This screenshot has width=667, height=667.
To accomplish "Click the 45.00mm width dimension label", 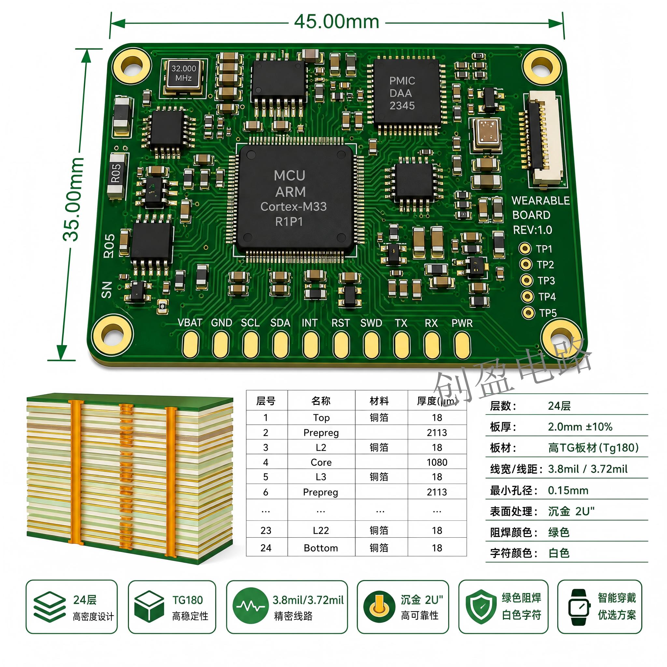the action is coord(337,22).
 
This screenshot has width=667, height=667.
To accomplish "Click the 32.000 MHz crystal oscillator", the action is coord(183,77).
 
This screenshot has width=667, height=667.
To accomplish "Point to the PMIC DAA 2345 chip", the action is coord(407,92).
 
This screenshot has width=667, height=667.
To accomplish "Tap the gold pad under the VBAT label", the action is coord(190,344).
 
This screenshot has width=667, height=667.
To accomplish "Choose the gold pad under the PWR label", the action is coord(462,345).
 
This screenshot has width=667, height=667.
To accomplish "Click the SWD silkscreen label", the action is coord(371,323).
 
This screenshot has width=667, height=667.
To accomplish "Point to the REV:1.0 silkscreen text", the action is coord(532,230).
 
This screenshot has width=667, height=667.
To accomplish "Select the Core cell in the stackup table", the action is coord(321,462).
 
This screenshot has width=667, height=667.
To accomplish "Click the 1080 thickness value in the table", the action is coord(437,462).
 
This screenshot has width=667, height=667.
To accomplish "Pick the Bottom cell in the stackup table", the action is coord(321,548).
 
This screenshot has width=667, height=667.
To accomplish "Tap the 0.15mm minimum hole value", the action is coord(568,490).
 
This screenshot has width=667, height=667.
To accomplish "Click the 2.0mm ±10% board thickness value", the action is coord(580,427).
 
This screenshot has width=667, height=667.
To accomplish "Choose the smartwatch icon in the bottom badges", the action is coord(579,607).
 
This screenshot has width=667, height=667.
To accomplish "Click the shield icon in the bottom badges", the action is coord(481,607).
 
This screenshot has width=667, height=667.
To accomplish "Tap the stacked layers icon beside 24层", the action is coord(50,607).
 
